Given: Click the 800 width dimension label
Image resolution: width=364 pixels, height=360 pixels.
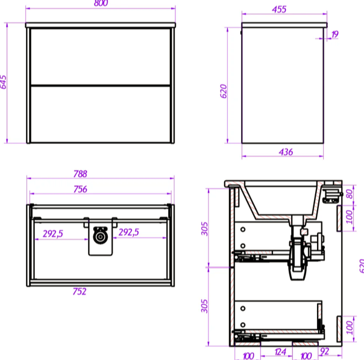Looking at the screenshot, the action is click(101, 3).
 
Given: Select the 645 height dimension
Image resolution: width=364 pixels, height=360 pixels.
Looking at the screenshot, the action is click(3, 82).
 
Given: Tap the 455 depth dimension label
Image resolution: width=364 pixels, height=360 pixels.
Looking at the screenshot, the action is click(279, 10).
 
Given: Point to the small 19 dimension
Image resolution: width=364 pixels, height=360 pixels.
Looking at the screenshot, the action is click(334, 34).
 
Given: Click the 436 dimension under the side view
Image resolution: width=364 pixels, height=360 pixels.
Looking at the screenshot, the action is click(286, 152).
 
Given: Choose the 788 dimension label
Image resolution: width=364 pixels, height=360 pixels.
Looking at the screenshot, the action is click(80, 174).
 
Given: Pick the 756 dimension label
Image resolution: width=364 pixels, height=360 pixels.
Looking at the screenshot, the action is click(80, 189).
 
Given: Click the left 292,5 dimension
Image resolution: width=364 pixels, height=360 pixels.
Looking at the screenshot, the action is click(52, 234).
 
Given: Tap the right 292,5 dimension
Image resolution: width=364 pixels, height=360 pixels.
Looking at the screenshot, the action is click(128, 232).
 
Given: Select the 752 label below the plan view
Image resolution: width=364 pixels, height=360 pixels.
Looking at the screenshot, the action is click(80, 291).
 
